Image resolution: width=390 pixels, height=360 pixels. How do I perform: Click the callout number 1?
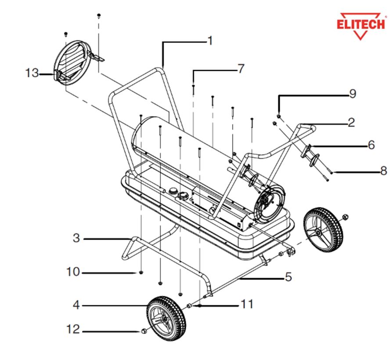[x=210, y=41]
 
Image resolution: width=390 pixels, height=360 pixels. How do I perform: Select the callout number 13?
[x=32, y=73]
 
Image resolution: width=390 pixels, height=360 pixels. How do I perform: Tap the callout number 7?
[x=241, y=69]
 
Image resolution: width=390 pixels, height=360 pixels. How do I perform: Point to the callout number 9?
[x=353, y=94]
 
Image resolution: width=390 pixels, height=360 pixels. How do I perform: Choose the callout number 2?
[x=351, y=123]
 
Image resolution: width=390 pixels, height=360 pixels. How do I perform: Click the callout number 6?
[x=371, y=145]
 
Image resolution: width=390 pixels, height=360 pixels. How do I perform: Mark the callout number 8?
[x=384, y=171]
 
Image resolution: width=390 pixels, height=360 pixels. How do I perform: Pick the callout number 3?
[x=76, y=238]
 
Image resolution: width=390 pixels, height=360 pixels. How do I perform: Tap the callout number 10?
[x=73, y=272]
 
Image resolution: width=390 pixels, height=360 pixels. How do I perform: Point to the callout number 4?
[x=76, y=305]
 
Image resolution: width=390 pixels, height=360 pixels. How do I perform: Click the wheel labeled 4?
[x=166, y=318]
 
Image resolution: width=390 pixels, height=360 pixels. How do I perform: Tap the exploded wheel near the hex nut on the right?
[x=323, y=229]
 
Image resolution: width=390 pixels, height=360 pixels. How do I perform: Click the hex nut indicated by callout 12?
[x=144, y=331]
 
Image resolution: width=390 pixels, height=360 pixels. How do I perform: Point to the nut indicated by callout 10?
[x=141, y=273]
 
